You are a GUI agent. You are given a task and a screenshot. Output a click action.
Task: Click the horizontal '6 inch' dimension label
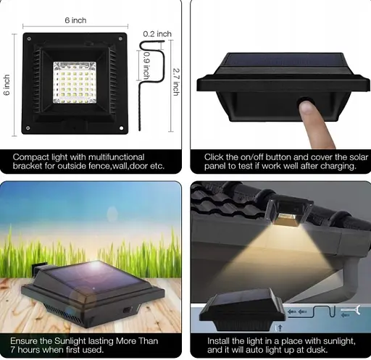point(75,20)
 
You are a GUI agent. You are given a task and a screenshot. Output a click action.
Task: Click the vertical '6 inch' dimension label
point(7,85)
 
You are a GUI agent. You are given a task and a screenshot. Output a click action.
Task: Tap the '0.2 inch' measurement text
point(157,34)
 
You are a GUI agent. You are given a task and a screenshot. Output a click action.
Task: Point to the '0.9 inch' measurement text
point(146,65)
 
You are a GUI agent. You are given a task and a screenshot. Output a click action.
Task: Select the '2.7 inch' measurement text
point(176,82)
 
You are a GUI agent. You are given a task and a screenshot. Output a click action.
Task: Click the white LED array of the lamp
point(75,83)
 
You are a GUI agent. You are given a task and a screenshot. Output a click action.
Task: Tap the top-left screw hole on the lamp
point(29,38)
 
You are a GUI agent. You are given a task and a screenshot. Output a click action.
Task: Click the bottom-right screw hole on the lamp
point(121,128)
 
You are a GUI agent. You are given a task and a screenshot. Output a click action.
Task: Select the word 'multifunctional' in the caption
point(117,157)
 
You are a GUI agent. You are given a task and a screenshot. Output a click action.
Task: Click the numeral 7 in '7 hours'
point(12,350)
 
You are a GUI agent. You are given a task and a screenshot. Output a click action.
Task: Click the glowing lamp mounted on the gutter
point(288,212)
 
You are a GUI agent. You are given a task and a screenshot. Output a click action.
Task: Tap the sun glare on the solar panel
point(95,267)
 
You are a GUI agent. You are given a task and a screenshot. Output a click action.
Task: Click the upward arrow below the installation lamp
point(280,328)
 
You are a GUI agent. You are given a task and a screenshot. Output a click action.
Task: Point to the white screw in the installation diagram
point(351,310)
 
